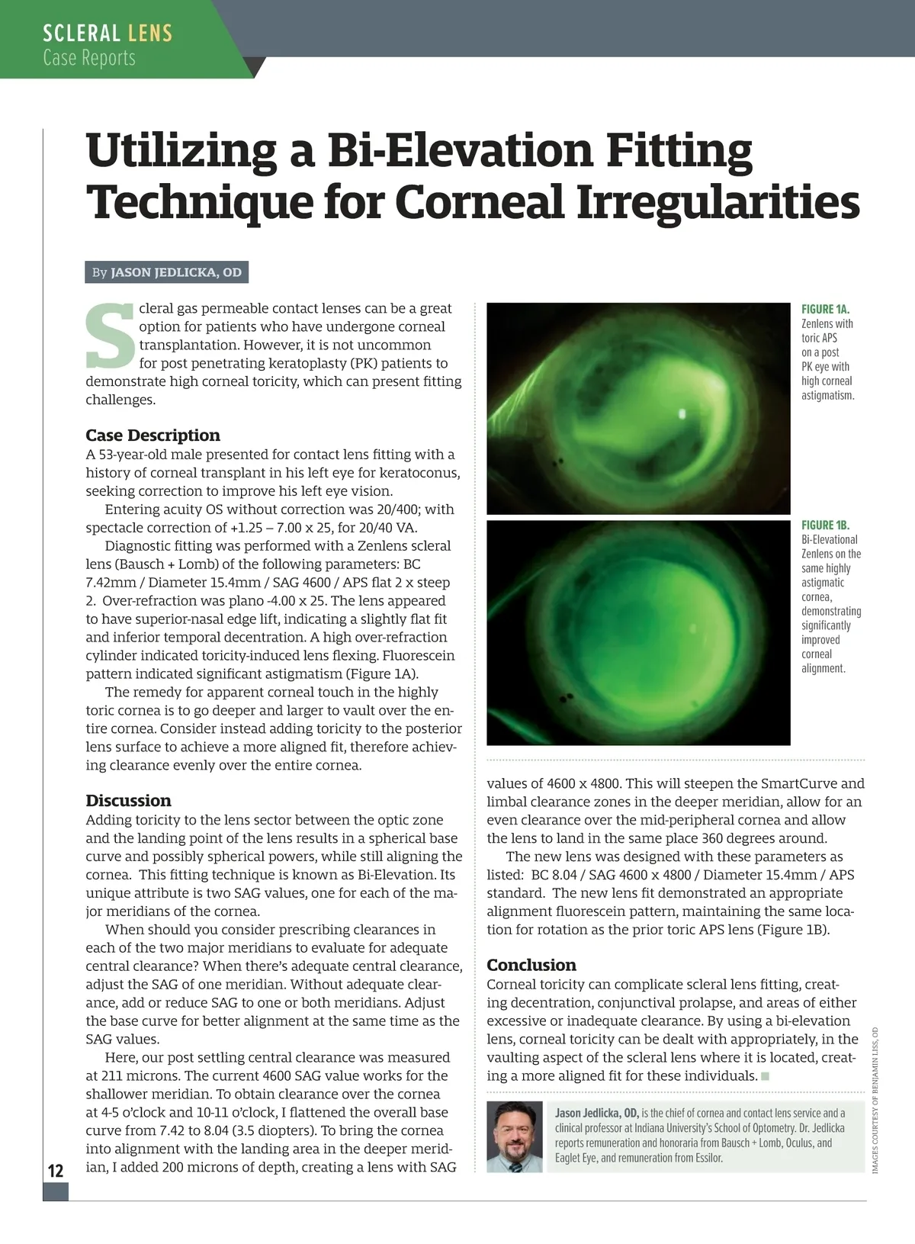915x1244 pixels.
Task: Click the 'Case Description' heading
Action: click(x=152, y=436)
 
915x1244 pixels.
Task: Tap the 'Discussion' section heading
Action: click(x=128, y=801)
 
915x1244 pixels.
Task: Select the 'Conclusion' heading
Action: click(x=531, y=965)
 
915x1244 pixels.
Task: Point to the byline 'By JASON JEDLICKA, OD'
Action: click(x=166, y=272)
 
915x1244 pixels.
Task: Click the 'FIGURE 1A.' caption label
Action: click(x=825, y=309)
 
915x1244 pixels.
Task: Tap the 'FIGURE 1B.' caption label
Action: click(x=825, y=525)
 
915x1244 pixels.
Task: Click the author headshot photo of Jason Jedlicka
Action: click(x=515, y=1136)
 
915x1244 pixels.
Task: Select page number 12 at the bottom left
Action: click(x=56, y=1171)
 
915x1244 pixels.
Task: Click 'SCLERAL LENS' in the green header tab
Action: click(x=108, y=34)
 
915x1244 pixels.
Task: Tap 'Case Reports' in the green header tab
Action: click(x=89, y=58)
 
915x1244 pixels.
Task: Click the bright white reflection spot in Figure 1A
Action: click(x=682, y=414)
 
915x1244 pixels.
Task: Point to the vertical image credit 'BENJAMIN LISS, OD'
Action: click(x=875, y=1059)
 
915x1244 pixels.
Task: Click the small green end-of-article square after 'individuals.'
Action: click(x=766, y=1076)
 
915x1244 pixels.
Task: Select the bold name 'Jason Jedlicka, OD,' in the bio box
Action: click(x=597, y=1114)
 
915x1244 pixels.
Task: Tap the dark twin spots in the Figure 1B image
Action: click(x=567, y=696)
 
